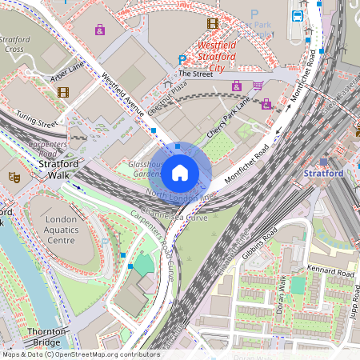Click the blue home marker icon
pyautogui.click(x=180, y=172)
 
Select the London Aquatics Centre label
pyautogui.click(x=62, y=230)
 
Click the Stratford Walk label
pyautogui.click(x=59, y=170)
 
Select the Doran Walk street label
pyautogui.click(x=282, y=294)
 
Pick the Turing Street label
pyautogui.click(x=37, y=120)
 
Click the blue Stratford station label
pyautogui.click(x=323, y=173)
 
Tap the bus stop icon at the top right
pyautogui.click(x=297, y=15)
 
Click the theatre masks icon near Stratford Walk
pyautogui.click(x=14, y=175)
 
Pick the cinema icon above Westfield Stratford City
pyautogui.click(x=213, y=24)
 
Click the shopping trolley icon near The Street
pyautogui.click(x=258, y=86)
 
